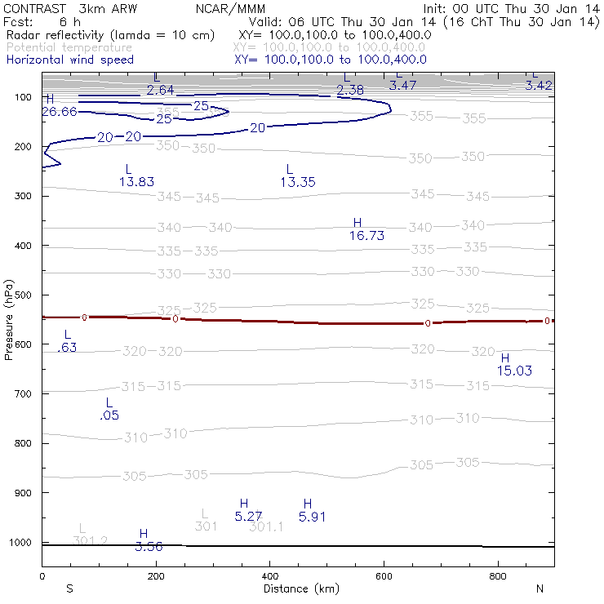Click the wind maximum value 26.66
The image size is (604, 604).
[x=59, y=112]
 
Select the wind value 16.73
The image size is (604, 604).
[x=366, y=236]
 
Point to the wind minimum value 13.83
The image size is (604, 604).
[x=136, y=182]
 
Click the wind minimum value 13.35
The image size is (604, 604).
[x=297, y=182]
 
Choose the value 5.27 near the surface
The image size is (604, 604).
[x=248, y=517]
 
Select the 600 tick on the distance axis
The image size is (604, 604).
[x=384, y=577]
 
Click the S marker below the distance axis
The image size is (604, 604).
[x=70, y=588]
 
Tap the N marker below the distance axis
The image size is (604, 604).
[x=540, y=588]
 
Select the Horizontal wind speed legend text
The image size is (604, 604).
[x=70, y=60]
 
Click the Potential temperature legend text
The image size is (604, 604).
[x=70, y=48]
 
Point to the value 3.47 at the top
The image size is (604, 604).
[x=403, y=85]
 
